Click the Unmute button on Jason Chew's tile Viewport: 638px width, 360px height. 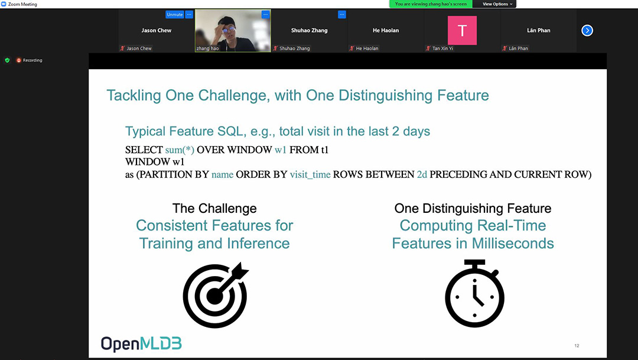pos(174,15)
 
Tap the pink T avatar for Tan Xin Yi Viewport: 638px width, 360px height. pos(462,31)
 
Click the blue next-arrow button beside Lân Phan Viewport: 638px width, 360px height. pos(587,31)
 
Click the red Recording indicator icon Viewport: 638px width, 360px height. pos(19,60)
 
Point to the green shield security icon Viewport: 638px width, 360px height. pos(7,60)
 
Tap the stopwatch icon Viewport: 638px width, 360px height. pos(474,293)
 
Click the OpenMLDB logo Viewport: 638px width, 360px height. pos(141,344)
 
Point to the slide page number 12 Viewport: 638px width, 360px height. pos(577,346)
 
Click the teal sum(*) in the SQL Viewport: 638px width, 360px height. pos(180,150)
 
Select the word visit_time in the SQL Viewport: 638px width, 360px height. pos(310,175)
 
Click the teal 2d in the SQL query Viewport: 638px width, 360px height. pos(422,174)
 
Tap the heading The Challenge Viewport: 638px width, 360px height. pos(214,209)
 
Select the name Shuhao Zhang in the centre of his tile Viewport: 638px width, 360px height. pos(309,31)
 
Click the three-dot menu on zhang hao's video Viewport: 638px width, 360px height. pos(266,15)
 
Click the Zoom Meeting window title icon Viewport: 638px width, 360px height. pos(4,4)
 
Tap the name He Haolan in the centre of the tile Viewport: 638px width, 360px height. pos(386,31)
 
